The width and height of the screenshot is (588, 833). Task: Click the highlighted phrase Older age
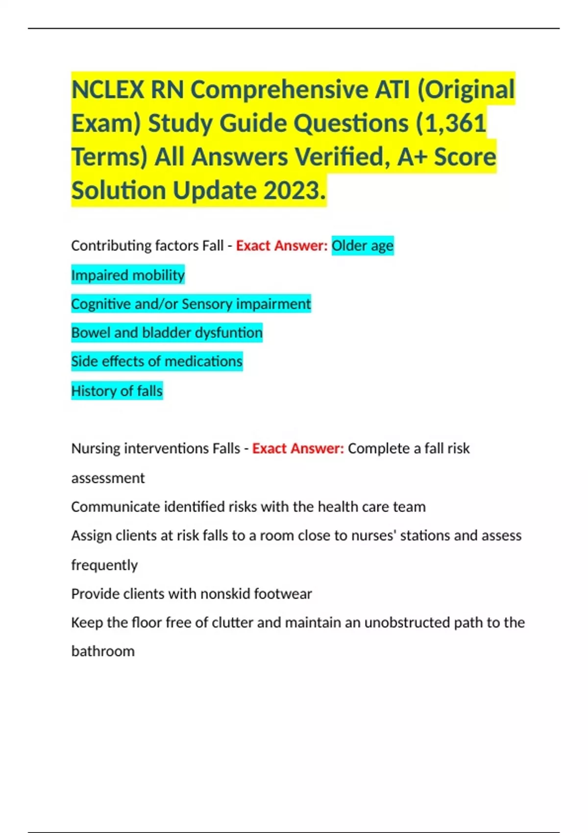click(363, 245)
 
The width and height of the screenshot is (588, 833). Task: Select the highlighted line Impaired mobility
click(128, 275)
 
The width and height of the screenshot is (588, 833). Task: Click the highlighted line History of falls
click(117, 391)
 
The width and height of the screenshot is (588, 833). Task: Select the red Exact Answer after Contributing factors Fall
click(282, 245)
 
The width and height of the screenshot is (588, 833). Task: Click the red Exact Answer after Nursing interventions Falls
click(298, 448)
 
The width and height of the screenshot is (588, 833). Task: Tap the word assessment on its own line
click(108, 478)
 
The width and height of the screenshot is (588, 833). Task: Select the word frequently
click(104, 565)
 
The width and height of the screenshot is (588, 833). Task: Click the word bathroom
click(103, 651)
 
